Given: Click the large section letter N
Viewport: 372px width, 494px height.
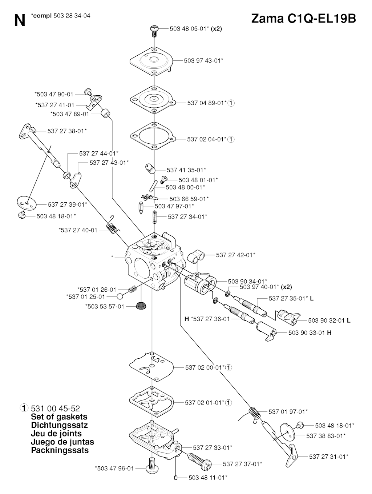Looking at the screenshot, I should pos(20,21).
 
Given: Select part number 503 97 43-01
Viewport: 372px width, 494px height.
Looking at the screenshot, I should pos(203,61).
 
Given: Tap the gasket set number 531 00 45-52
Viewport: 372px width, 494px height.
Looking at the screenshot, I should pos(55,409).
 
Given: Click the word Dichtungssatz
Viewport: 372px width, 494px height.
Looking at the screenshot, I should pos(59,425).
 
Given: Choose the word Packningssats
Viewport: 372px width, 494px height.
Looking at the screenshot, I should pos(60,450).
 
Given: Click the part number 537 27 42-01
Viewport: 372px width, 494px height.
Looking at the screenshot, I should pos(235,255).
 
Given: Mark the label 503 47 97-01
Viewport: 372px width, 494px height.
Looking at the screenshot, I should pos(174,206).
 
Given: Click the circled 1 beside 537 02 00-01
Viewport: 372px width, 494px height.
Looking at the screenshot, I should pos(229,367).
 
